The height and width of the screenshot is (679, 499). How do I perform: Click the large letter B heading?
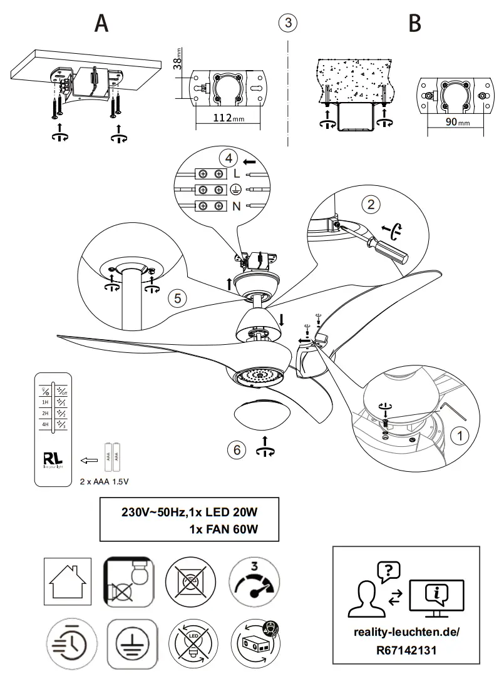[414, 23]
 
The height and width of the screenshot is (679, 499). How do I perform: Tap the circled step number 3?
[287, 23]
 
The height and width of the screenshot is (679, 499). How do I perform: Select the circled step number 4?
[228, 157]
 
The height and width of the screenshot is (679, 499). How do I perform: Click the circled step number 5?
[178, 299]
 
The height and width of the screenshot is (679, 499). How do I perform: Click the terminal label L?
[236, 173]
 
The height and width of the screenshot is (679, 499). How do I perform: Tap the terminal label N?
[236, 206]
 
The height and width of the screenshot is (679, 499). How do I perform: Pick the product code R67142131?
[416, 650]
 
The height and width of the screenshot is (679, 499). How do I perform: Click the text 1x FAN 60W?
[224, 529]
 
